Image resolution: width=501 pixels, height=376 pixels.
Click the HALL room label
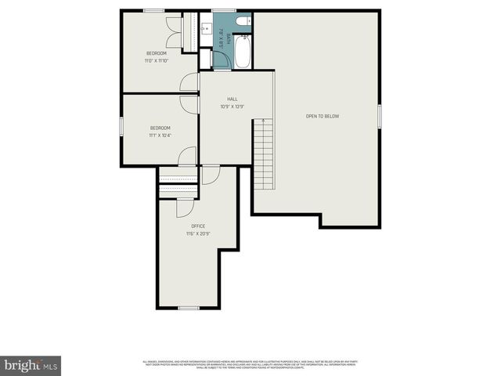232,99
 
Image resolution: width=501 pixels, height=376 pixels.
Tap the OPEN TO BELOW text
323,116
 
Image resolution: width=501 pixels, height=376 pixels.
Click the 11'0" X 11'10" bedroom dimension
155,60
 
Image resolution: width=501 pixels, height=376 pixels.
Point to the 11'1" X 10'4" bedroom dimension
160,135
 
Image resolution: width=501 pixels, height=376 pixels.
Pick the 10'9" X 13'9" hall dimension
232,107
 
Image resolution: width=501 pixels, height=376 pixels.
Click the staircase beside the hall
263,157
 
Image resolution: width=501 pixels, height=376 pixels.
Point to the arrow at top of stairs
263,121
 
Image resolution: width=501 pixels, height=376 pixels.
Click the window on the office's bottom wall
189,308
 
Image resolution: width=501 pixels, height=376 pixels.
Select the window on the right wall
379,116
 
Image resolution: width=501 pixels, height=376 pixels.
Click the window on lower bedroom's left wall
121,127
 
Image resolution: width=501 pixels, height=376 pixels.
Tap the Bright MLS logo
31,365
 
